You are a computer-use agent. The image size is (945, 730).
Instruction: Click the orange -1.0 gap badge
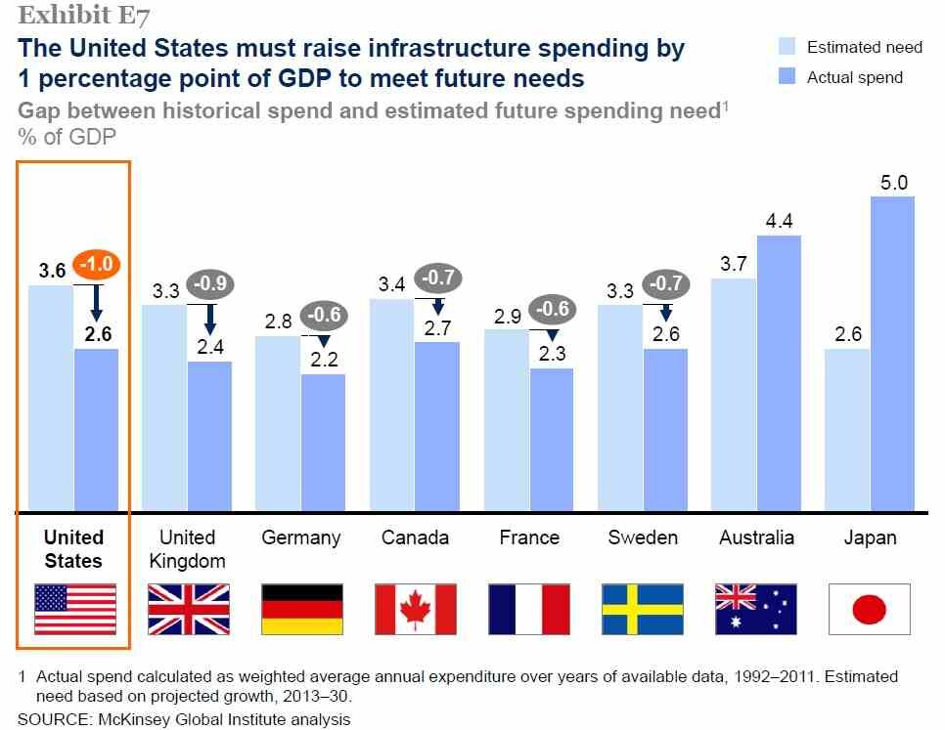point(97,264)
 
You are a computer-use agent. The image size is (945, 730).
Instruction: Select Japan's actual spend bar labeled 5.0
point(892,354)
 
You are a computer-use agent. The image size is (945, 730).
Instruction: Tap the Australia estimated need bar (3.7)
point(734,395)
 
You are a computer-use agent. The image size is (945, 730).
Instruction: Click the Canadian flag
point(415,609)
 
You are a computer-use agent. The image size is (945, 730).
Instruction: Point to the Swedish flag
point(643,609)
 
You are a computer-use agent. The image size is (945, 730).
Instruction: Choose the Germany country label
point(300,537)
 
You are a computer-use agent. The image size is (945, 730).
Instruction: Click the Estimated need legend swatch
point(787,46)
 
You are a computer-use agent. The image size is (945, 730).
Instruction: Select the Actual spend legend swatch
point(787,76)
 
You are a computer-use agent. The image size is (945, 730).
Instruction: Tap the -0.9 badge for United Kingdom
point(209,283)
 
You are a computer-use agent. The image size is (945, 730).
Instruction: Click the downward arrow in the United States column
point(97,303)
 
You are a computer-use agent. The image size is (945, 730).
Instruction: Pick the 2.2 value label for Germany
point(324,360)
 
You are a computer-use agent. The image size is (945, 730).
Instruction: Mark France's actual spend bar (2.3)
point(552,440)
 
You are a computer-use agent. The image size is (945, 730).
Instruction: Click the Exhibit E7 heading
point(83,16)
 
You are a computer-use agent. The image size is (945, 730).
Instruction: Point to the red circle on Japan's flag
point(869,609)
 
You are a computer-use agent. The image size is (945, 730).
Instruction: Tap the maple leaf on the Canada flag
point(415,608)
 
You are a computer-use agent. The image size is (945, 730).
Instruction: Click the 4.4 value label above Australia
point(779,222)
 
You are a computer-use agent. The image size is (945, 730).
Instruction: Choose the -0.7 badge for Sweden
point(666,283)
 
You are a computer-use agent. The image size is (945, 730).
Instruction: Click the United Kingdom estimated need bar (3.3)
point(164,408)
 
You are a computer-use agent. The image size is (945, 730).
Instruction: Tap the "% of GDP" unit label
point(67,137)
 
